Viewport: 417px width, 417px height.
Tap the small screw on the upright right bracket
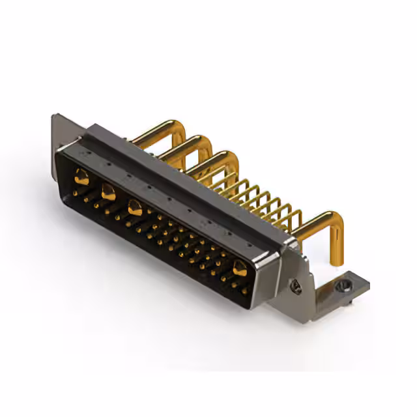[294, 284]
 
